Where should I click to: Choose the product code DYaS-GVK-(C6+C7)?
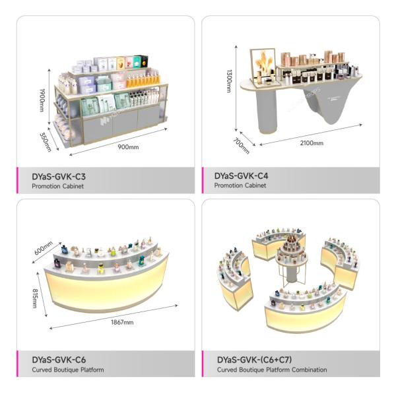(x=253, y=360)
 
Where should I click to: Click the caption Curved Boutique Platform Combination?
(x=271, y=370)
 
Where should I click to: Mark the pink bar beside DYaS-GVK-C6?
(x=18, y=364)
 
